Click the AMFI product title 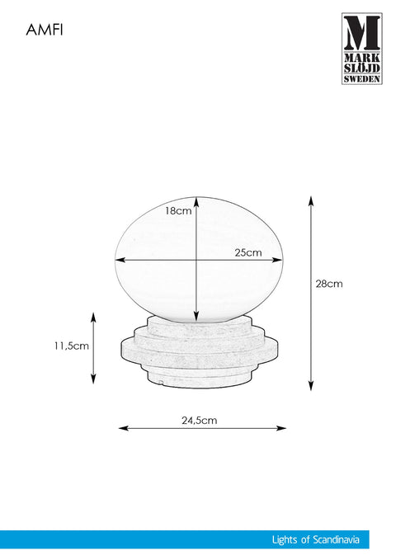click(45, 30)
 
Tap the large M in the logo click(362, 33)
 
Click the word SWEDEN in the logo click(362, 78)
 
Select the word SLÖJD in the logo click(362, 68)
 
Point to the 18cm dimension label click(178, 210)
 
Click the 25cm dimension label click(248, 252)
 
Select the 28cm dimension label click(329, 284)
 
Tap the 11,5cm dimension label click(72, 346)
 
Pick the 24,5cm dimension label click(199, 420)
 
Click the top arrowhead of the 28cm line click(311, 200)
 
